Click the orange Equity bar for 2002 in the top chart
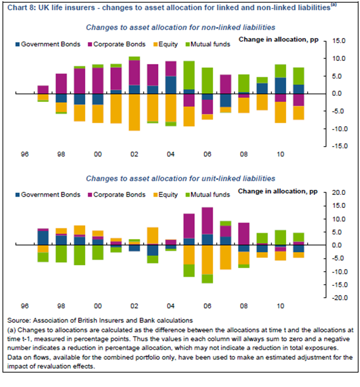pyautogui.click(x=134, y=112)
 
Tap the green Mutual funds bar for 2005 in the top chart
pyautogui.click(x=190, y=75)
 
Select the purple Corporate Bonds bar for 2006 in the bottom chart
pyautogui.click(x=208, y=220)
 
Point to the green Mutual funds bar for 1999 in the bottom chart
pyautogui.click(x=80, y=255)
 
